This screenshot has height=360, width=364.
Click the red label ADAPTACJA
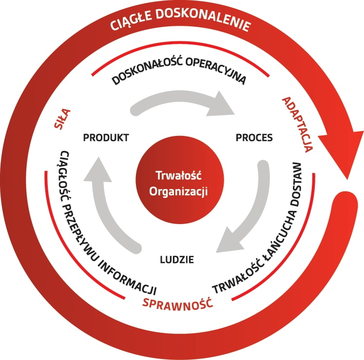(x=297, y=124)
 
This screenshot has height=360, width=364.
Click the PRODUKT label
(x=106, y=137)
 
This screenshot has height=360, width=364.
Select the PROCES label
(x=254, y=137)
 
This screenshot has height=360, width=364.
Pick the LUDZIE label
(x=177, y=259)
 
